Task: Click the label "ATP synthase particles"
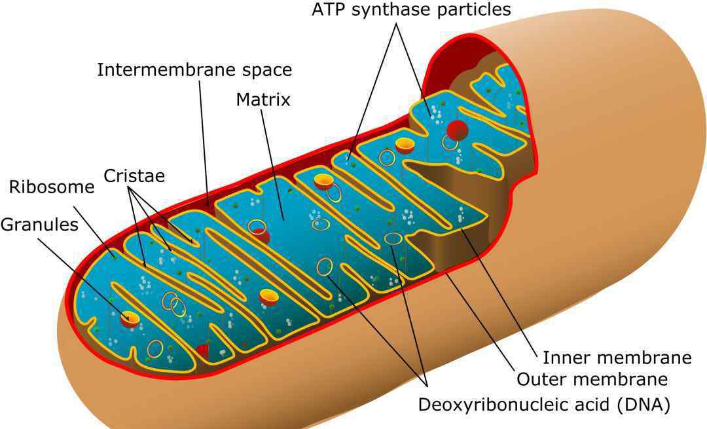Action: [411, 9]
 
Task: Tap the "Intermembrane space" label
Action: [195, 70]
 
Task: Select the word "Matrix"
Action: [263, 100]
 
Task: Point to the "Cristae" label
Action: [134, 176]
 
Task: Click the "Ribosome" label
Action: [52, 187]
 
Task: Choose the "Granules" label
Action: [40, 225]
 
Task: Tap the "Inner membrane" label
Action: [617, 358]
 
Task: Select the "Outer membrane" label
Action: [592, 379]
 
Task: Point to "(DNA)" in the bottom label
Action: [643, 405]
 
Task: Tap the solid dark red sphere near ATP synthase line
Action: [457, 130]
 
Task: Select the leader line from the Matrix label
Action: [272, 164]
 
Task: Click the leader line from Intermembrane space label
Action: [204, 143]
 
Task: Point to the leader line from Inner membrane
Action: [499, 289]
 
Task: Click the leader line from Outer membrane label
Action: [480, 322]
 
